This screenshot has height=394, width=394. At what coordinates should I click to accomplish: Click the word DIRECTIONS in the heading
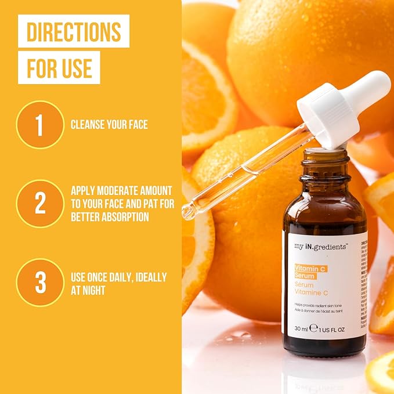click(x=73, y=31)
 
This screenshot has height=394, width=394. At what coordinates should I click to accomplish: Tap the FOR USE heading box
click(x=59, y=67)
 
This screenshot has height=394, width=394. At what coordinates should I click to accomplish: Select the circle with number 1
click(x=40, y=125)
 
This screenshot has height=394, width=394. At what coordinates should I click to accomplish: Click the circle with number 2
click(x=40, y=203)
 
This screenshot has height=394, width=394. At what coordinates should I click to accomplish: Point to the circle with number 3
click(x=40, y=283)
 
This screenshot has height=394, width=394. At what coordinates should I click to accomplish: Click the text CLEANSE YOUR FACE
click(x=109, y=125)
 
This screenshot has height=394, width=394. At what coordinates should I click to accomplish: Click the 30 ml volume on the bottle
click(x=301, y=328)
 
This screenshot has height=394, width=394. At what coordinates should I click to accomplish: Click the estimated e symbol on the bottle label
click(x=314, y=328)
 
